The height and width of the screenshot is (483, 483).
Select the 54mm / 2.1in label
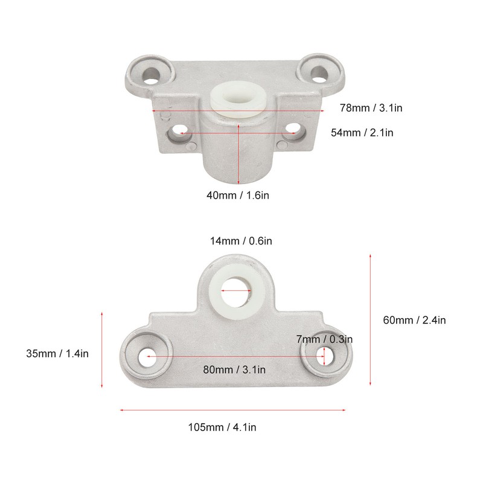tap(362, 132)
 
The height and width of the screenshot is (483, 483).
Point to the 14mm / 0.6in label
tap(241, 241)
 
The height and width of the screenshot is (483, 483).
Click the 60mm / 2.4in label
tap(415, 320)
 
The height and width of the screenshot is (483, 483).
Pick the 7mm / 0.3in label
tap(324, 339)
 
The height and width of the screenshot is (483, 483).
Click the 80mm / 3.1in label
tap(235, 369)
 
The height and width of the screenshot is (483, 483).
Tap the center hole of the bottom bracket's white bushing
tap(235, 290)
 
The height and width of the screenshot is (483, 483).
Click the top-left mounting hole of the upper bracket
tap(151, 74)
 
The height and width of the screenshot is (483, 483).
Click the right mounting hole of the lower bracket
tap(325, 357)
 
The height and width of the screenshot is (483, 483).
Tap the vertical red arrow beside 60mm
tap(369, 320)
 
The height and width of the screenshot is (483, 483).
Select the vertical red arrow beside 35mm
tap(102, 351)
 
